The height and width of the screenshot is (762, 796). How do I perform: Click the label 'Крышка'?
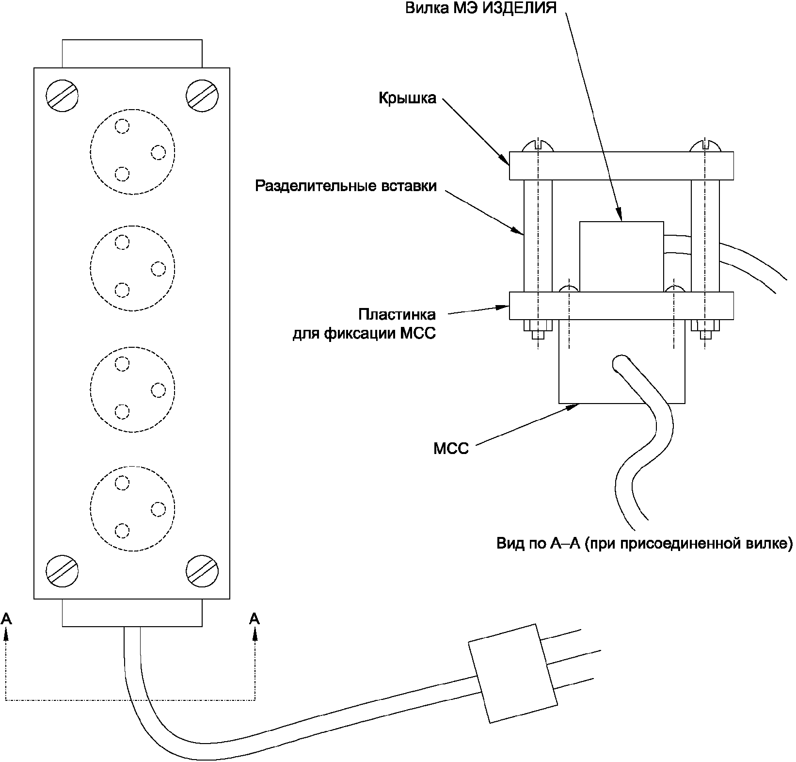tap(407, 98)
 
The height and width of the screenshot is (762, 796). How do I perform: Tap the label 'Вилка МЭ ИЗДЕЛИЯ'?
tap(481, 8)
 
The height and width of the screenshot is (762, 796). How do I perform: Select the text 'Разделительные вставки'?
tap(346, 186)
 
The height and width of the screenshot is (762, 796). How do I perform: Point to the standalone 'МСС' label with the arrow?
tap(451, 449)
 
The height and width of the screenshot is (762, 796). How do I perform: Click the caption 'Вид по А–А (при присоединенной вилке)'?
tap(644, 543)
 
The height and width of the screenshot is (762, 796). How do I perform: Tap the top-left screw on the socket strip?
tap(63, 95)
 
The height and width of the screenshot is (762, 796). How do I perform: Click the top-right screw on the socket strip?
tap(202, 95)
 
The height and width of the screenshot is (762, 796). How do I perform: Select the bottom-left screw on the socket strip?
tap(63, 570)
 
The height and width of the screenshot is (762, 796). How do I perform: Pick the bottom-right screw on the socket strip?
tap(202, 570)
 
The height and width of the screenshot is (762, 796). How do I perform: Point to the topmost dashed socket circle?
tap(132, 151)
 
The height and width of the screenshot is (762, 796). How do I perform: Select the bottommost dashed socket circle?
tap(132, 508)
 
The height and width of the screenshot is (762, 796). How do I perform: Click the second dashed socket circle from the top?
tap(132, 268)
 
